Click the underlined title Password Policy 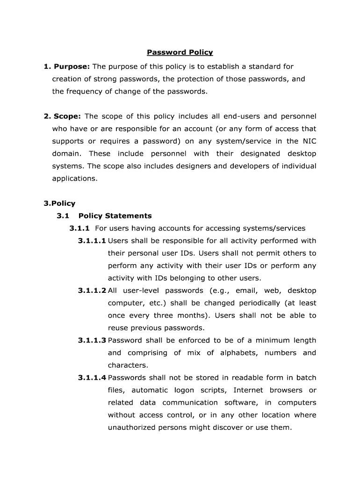tap(180, 52)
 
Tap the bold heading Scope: tap(67, 116)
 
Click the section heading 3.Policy tap(59, 203)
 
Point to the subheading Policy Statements tap(115, 216)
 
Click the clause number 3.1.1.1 tap(92, 241)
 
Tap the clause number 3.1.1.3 tap(92, 340)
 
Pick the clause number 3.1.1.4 tap(92, 377)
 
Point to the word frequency tap(83, 91)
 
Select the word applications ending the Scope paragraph tap(74, 178)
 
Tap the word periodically tap(254, 303)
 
